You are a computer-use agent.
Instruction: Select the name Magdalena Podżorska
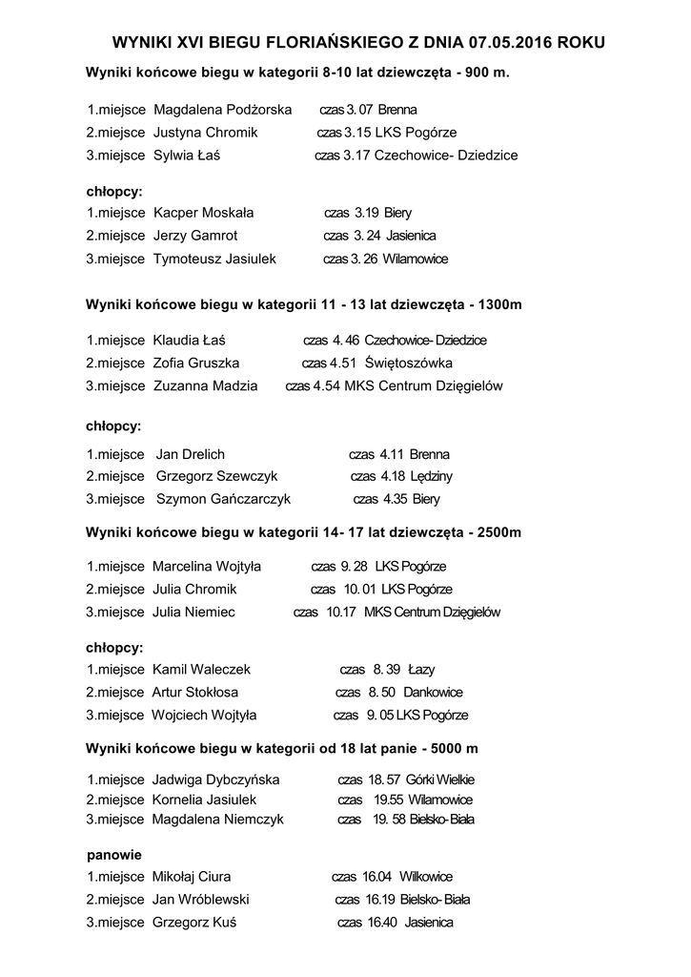[222, 110]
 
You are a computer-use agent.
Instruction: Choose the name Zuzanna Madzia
[205, 386]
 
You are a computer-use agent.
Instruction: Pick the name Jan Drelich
[191, 454]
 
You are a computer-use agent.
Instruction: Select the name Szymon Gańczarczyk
[223, 499]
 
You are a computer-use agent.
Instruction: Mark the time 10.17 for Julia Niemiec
[340, 613]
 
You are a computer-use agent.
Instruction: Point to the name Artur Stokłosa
[195, 693]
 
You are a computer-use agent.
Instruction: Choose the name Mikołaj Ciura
[192, 877]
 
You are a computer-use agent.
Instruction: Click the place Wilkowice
[426, 877]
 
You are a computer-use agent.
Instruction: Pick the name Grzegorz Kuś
[194, 923]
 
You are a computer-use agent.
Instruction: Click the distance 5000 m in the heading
[455, 749]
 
